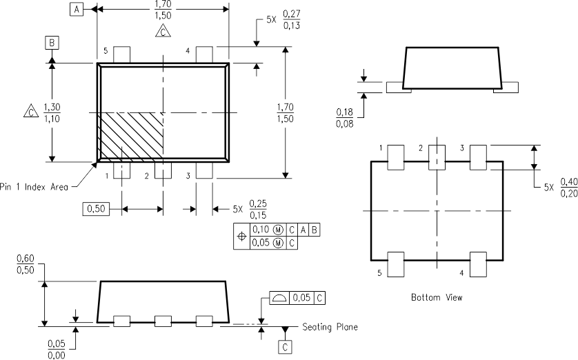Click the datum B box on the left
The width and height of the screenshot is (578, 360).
coord(52,43)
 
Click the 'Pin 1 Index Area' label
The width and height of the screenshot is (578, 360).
coord(33,186)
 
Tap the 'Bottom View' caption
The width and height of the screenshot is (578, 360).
coord(437,297)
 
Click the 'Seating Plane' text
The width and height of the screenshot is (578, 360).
coord(330,327)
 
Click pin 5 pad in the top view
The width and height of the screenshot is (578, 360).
coord(121,54)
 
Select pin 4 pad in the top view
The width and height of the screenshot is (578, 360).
coord(204,54)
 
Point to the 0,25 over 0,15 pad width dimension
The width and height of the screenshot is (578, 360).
coord(259,208)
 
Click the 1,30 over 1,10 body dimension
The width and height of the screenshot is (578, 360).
coord(52,112)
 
